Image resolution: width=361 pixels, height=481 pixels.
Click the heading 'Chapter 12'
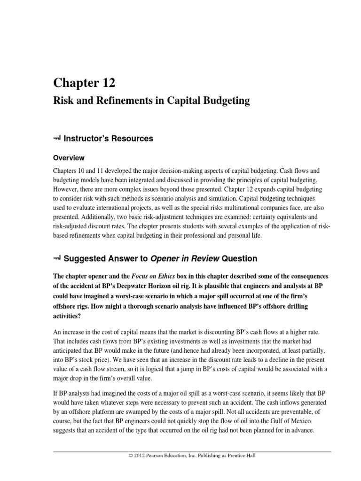(84, 83)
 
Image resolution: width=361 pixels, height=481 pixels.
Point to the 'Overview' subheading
(69, 158)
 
